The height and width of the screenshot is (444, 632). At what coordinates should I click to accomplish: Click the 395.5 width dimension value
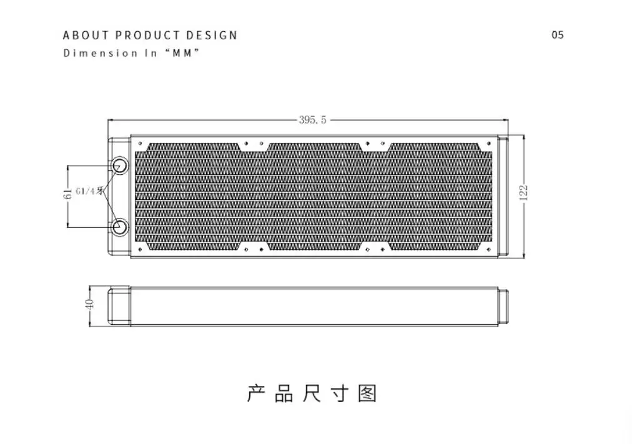point(312,120)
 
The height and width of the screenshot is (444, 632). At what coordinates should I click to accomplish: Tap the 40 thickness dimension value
point(90,305)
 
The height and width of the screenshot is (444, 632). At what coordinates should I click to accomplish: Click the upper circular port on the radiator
point(119,165)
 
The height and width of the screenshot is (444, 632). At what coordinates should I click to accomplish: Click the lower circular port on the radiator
point(119,227)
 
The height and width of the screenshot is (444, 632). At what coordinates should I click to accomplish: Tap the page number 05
point(558,35)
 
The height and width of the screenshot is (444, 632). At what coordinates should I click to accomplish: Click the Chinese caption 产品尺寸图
point(312,393)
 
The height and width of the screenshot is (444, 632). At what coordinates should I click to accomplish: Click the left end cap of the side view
point(119,305)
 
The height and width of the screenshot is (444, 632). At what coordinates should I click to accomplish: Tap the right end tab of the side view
point(503,305)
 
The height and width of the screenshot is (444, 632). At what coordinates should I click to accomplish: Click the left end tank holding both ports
point(119,196)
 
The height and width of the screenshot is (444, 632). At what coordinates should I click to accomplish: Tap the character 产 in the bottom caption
point(257,393)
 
